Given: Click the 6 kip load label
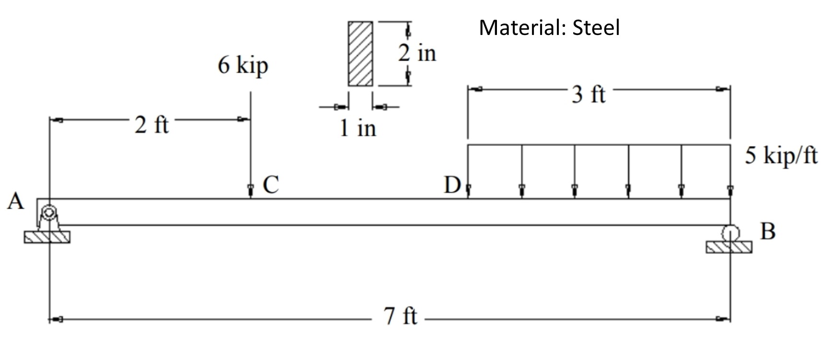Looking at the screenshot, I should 243,65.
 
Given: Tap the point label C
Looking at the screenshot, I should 271,185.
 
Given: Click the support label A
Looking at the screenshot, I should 15,201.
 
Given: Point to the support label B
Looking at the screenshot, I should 768,232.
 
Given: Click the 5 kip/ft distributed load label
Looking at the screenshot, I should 781,156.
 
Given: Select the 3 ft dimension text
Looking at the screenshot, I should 588,94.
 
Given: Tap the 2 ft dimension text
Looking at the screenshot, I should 151,125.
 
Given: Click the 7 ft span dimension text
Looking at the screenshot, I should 401,316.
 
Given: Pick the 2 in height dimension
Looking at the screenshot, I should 417,53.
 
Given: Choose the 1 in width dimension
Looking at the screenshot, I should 357,128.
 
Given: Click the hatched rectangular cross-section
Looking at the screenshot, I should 360,54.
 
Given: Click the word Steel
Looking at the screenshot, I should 596,28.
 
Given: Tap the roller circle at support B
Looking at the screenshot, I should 730,233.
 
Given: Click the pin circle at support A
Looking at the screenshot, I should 48,212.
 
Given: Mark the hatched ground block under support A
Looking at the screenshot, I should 47,237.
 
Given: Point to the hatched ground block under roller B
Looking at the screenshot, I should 729,247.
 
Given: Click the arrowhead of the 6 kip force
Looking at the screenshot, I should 250,191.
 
